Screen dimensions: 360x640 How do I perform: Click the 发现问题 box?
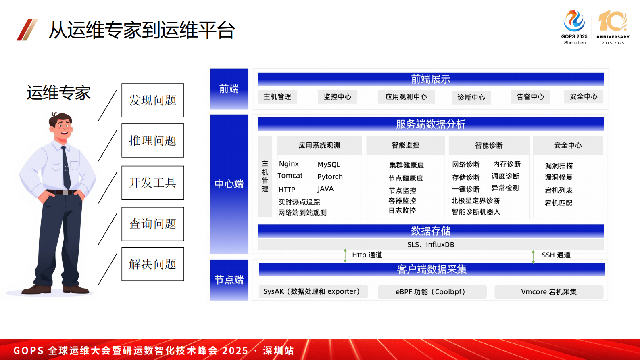[x=153, y=100]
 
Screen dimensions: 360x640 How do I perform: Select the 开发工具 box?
[x=153, y=183]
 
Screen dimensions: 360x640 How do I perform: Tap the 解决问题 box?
[x=153, y=264]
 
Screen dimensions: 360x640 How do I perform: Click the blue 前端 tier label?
[x=229, y=89]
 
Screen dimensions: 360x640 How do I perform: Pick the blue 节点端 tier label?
[x=229, y=280]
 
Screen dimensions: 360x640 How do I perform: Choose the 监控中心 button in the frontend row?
[x=338, y=97]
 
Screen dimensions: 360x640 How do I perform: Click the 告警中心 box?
[x=530, y=97]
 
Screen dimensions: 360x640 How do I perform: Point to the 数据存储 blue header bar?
[x=431, y=231]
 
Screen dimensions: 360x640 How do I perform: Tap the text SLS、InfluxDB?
[x=431, y=245]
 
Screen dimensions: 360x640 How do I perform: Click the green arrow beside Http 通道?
[x=345, y=255]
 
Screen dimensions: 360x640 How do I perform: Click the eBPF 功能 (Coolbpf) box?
[x=432, y=292]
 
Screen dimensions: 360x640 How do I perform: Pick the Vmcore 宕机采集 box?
[x=549, y=292]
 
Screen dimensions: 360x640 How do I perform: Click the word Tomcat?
[x=290, y=176]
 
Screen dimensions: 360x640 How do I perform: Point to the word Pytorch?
[x=330, y=177]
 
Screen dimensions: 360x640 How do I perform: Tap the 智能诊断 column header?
[x=489, y=145]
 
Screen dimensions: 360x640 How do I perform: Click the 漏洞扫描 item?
[x=559, y=165]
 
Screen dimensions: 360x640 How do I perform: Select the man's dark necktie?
[x=66, y=167]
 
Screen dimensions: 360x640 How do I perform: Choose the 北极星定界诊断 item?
[x=475, y=201]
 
